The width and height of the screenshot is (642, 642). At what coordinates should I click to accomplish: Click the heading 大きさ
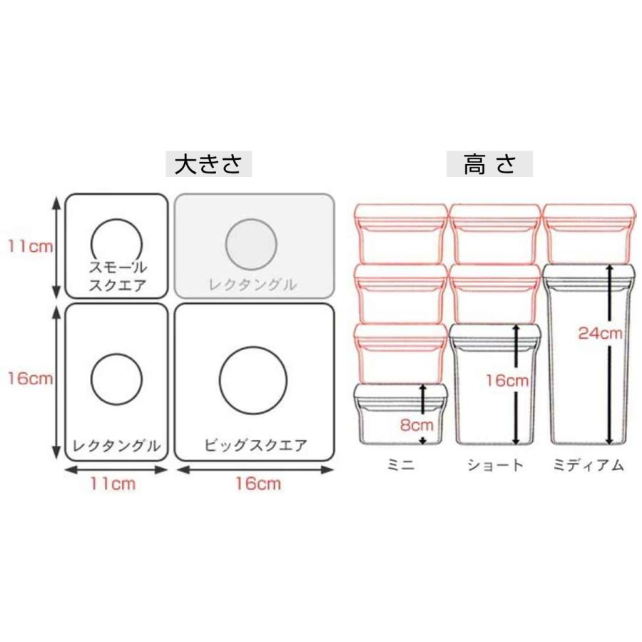(x=208, y=164)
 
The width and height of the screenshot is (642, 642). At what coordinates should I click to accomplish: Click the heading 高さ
(x=489, y=164)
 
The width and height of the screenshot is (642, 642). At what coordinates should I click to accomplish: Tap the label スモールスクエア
(x=117, y=277)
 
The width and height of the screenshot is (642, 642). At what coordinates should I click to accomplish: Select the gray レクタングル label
(x=253, y=285)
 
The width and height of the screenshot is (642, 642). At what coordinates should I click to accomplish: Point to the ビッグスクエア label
(x=255, y=447)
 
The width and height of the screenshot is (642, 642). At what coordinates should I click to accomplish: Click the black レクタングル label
(x=116, y=447)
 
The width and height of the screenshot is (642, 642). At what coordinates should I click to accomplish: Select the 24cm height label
(x=601, y=334)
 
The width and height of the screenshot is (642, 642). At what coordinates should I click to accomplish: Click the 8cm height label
(x=417, y=426)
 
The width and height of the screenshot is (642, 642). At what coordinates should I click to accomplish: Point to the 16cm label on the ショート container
(x=507, y=380)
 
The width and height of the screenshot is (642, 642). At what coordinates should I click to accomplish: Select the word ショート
(x=495, y=466)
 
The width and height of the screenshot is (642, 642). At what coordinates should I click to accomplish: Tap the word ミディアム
(x=588, y=466)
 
